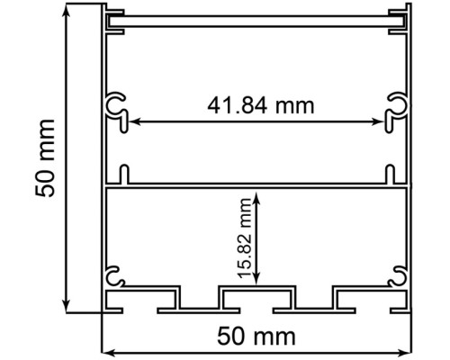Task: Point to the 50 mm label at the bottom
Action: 257,337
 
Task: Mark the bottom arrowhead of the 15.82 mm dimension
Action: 258,278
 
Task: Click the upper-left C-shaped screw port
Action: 117,106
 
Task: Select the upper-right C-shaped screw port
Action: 396,106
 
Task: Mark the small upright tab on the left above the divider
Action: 123,173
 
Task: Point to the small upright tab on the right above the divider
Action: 391,173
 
